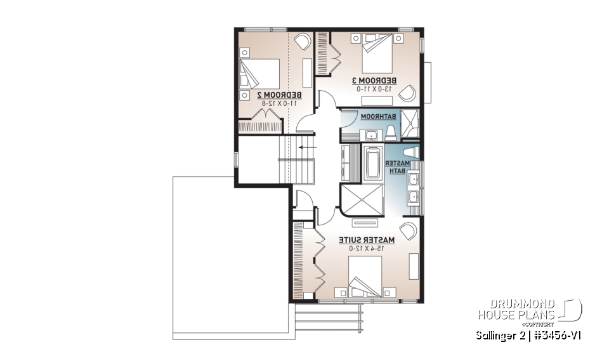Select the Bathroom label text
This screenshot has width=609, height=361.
click(379, 117)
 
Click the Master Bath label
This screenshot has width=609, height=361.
click(394, 168)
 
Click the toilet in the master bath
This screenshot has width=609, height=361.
click(410, 152)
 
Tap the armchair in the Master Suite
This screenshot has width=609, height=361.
click(407, 230)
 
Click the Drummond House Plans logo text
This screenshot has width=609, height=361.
click(516, 309)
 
